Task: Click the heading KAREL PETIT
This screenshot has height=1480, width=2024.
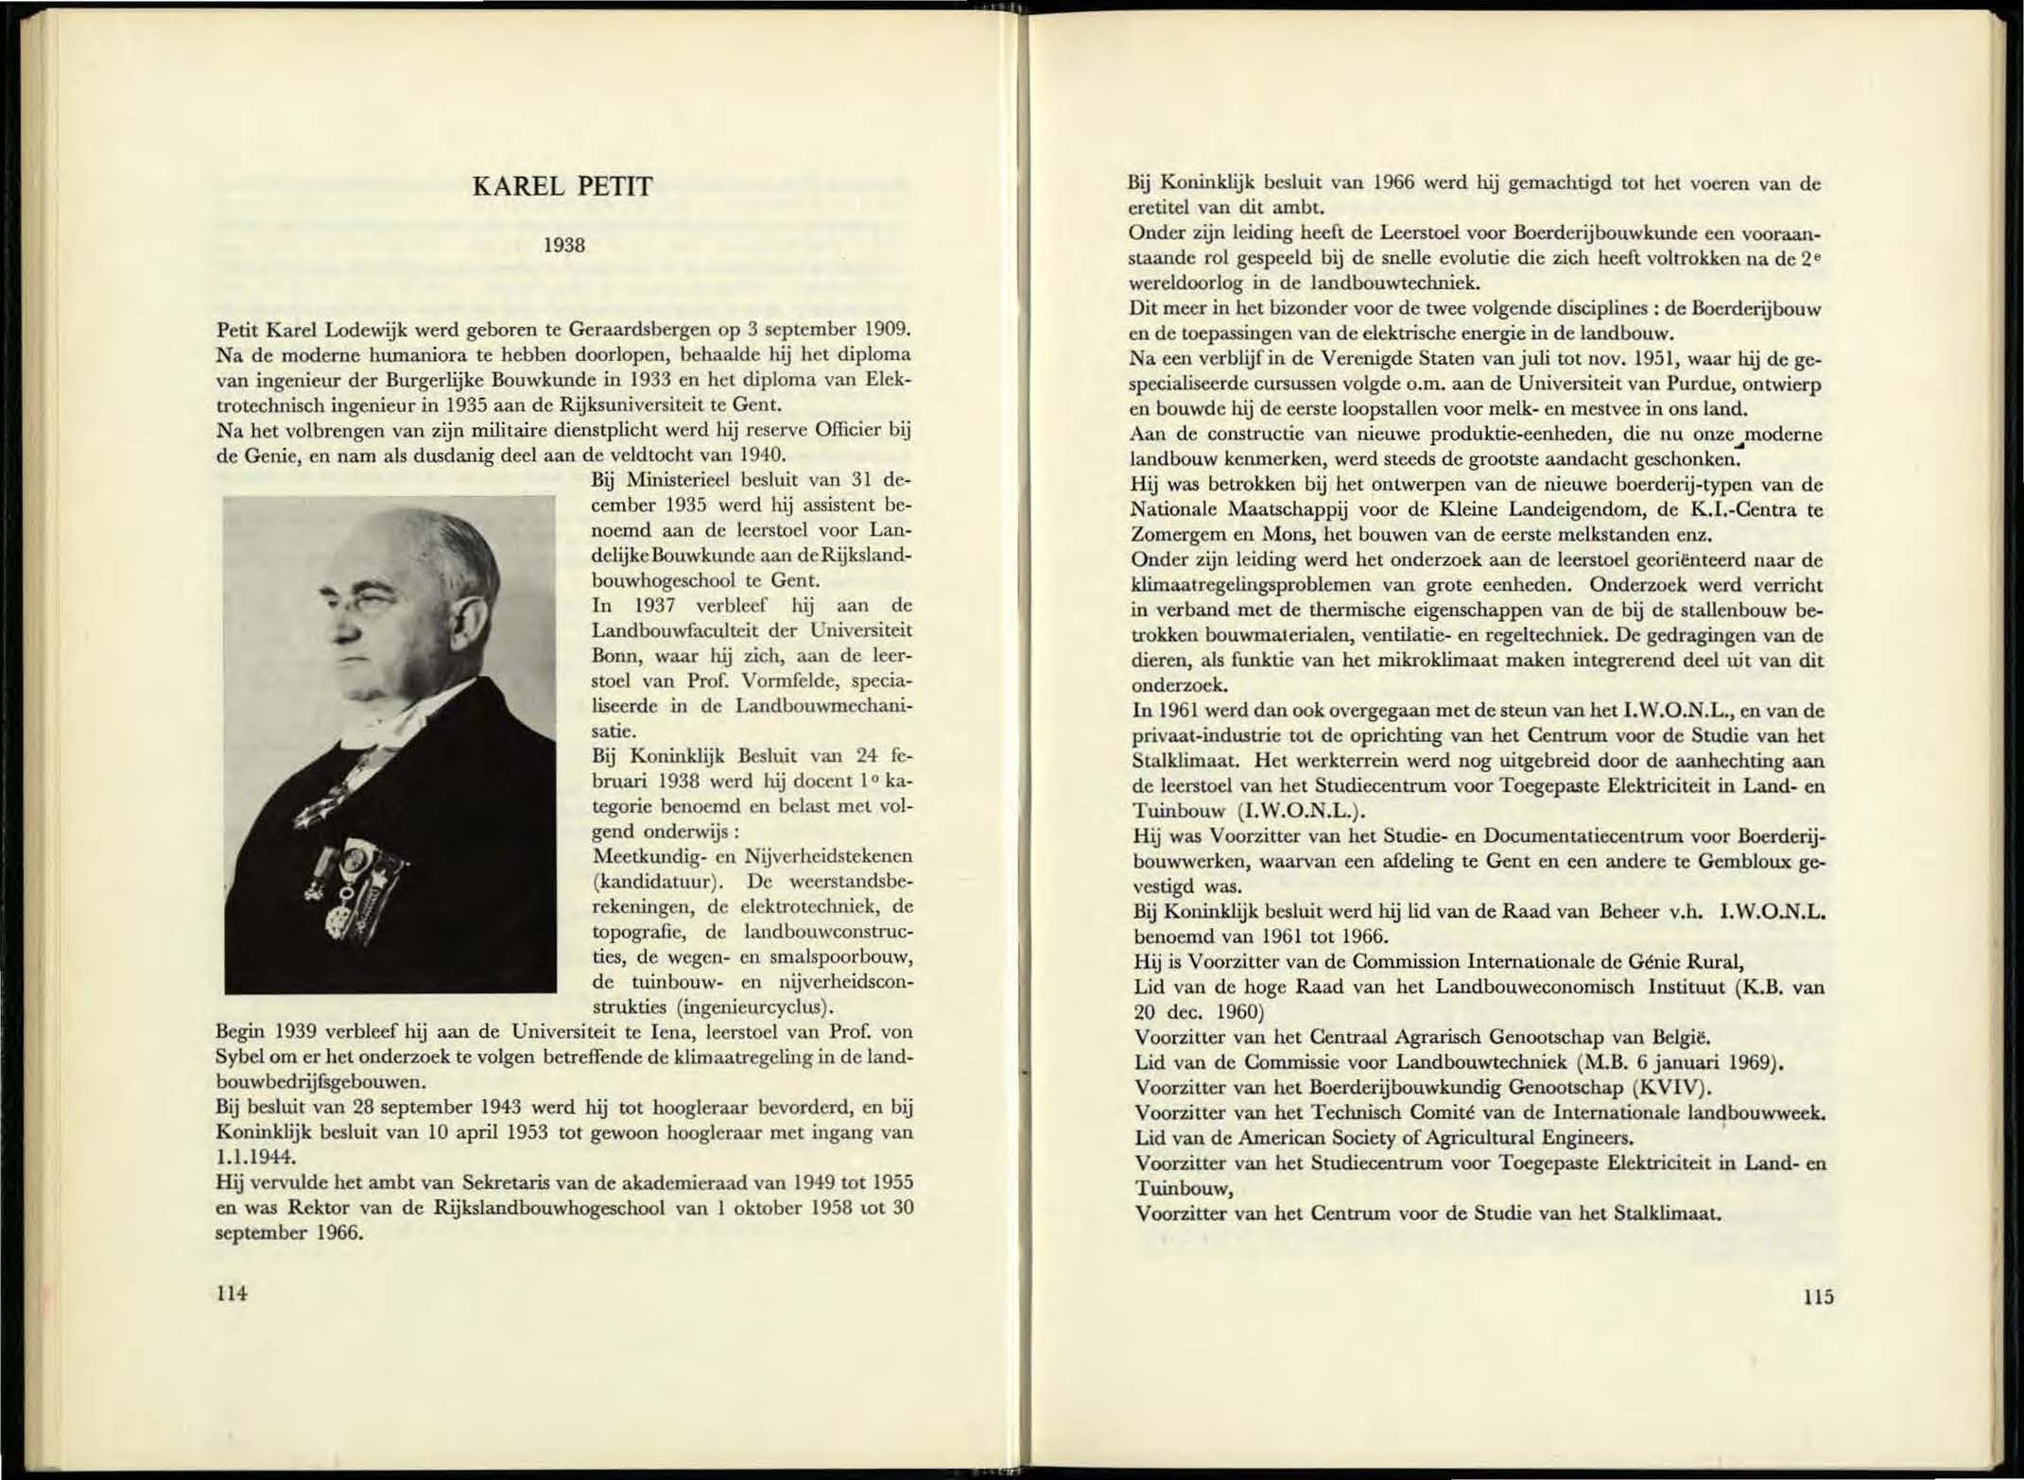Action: tap(562, 187)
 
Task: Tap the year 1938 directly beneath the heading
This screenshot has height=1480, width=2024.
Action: tap(564, 246)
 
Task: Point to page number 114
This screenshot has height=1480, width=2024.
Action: tap(232, 1293)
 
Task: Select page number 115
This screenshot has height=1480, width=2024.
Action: tap(1817, 1297)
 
